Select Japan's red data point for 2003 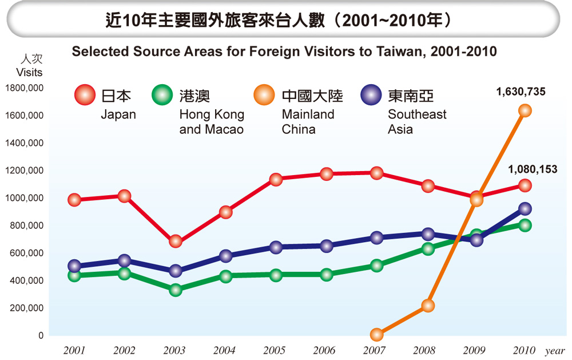[x=175, y=242]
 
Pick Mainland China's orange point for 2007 [x=376, y=334]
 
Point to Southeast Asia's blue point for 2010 [x=525, y=209]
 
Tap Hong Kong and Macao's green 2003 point [x=175, y=290]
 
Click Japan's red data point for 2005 [x=276, y=180]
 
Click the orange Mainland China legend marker [x=265, y=94]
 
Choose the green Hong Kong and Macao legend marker [x=162, y=94]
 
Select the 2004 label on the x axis [x=225, y=350]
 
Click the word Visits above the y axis [x=29, y=73]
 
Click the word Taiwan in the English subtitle [x=388, y=52]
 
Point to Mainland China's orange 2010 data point [x=525, y=110]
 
